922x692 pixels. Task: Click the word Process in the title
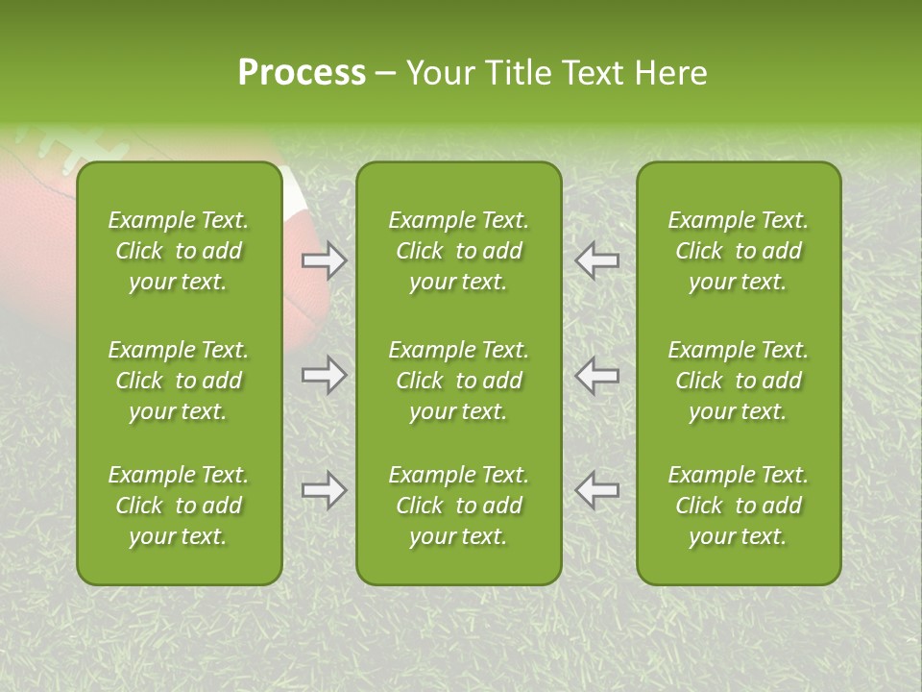click(302, 73)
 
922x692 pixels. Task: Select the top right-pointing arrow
click(325, 260)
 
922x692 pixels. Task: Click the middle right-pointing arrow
click(325, 375)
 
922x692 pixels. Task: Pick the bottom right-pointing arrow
click(325, 490)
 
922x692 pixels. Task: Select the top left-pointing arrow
click(597, 260)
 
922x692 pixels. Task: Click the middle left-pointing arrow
click(597, 375)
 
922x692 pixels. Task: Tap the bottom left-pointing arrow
click(597, 490)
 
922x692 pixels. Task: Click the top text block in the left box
click(179, 251)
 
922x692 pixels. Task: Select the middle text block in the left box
click(179, 381)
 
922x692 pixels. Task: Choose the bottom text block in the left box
click(179, 506)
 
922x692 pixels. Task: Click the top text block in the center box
click(459, 251)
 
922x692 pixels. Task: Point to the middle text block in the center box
click(459, 381)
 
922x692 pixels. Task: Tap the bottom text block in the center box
click(459, 506)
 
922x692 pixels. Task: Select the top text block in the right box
click(739, 251)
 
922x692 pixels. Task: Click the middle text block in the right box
click(739, 381)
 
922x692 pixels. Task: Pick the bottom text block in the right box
click(739, 506)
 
